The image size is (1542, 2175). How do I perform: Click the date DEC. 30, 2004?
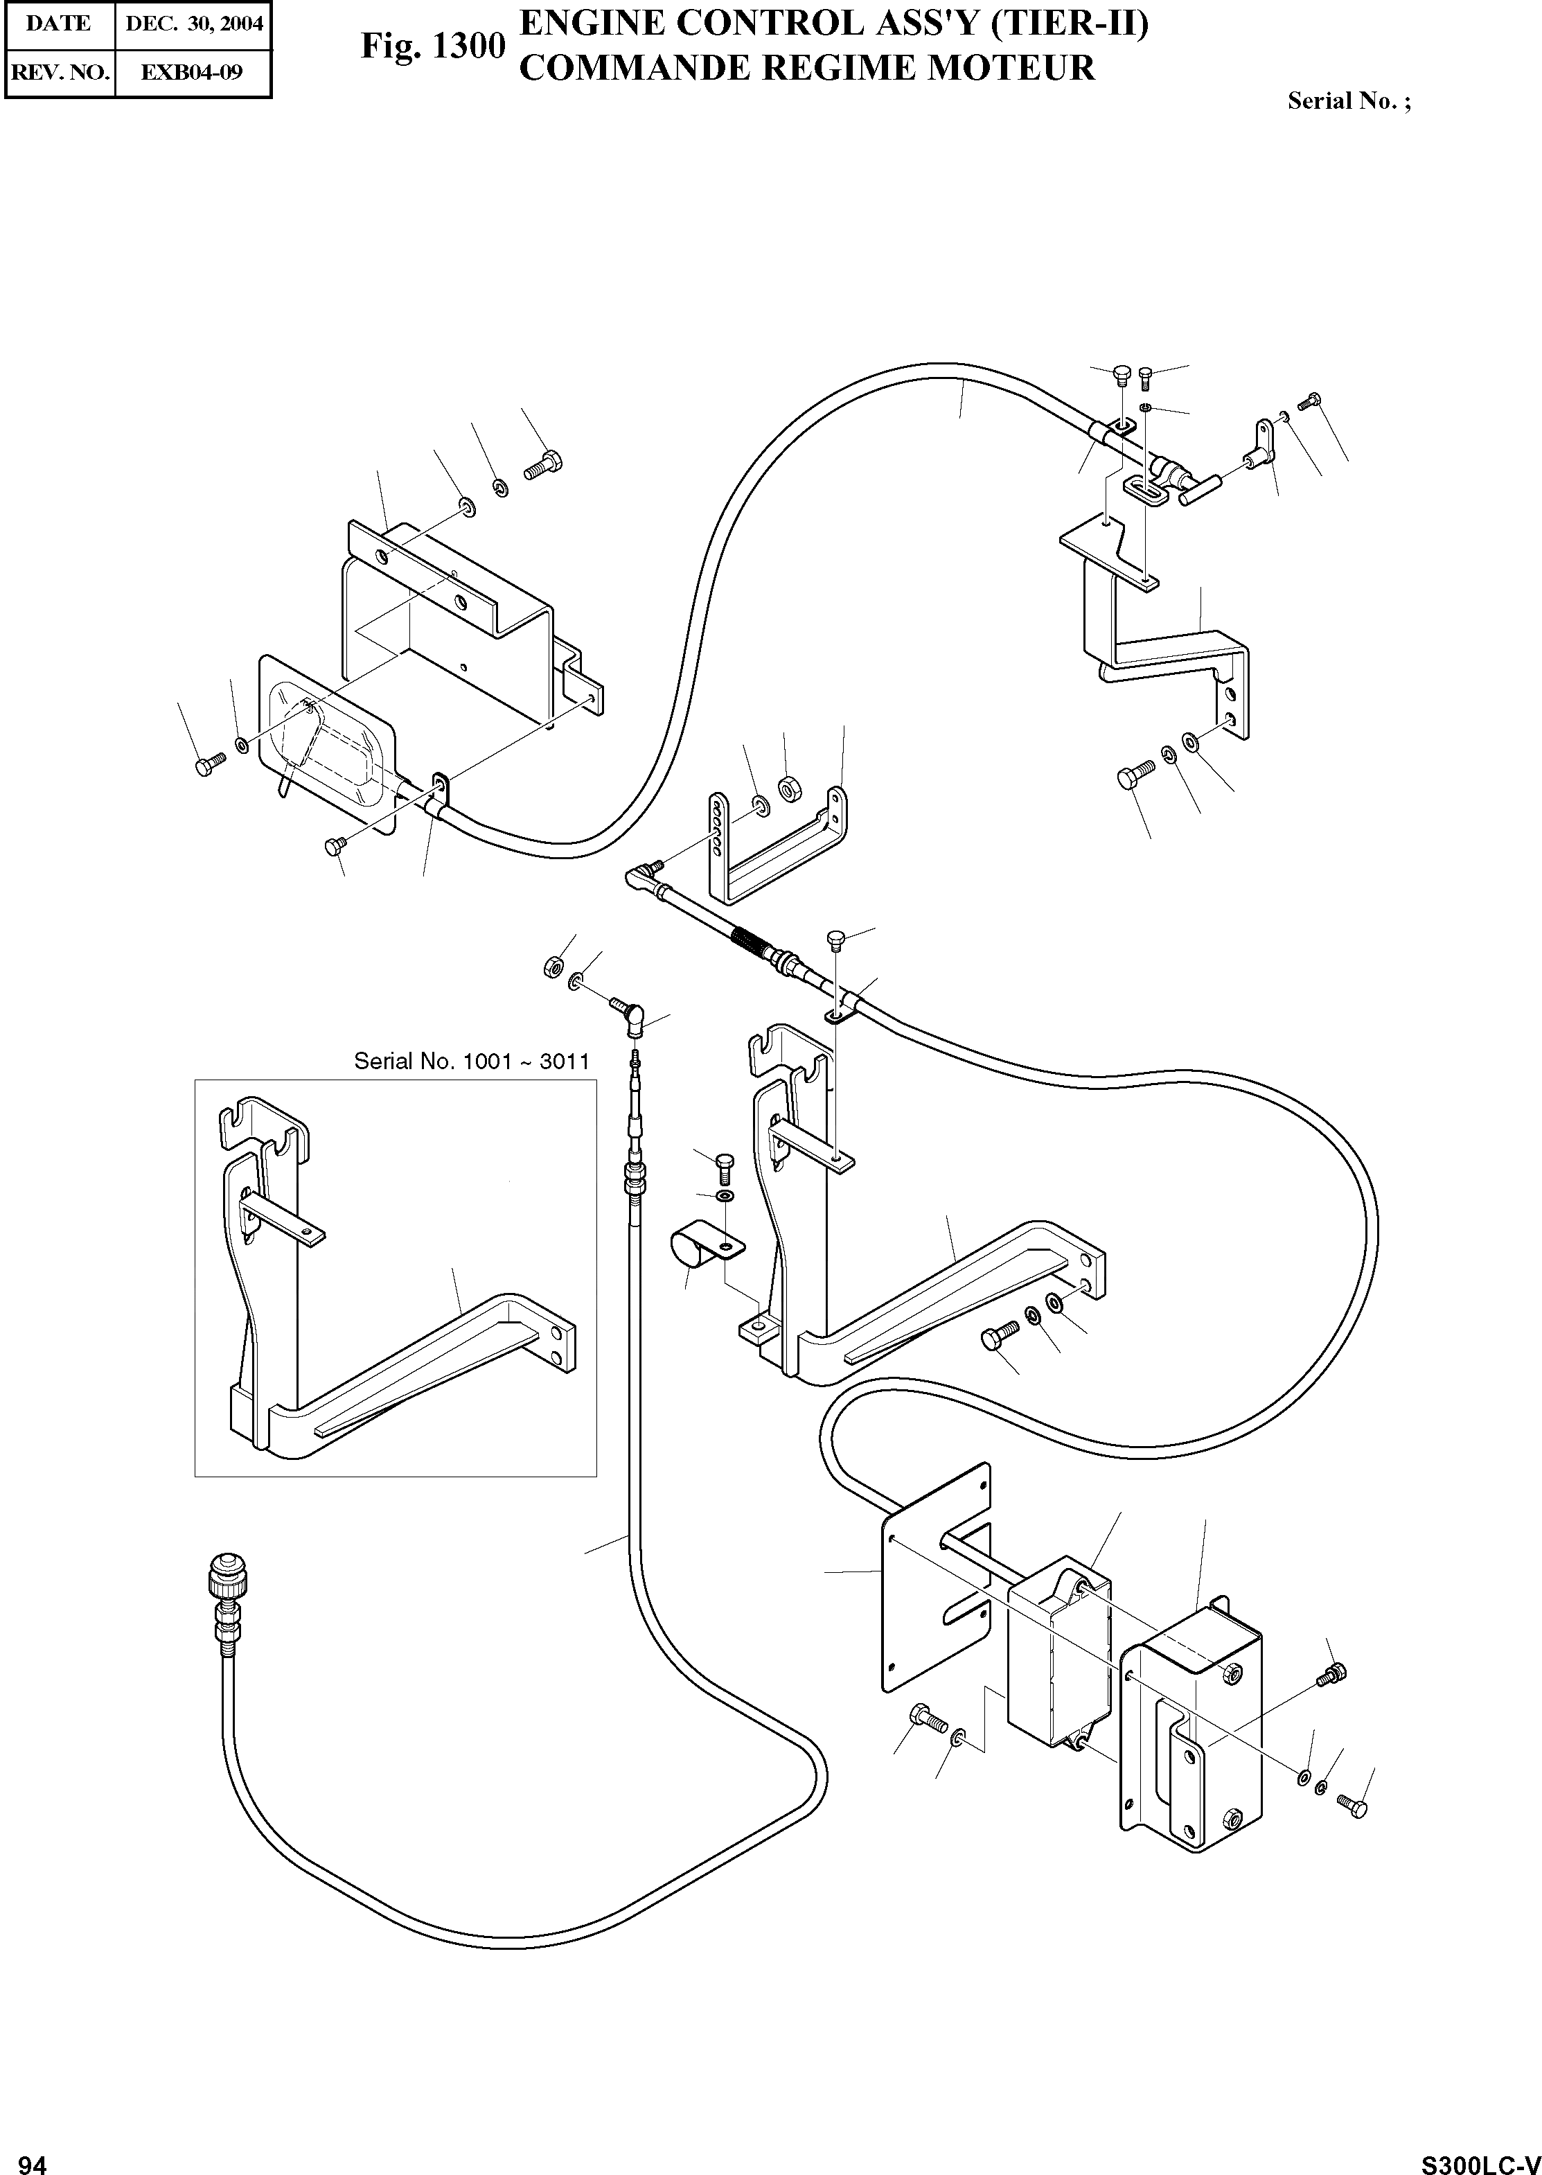pyautogui.click(x=194, y=24)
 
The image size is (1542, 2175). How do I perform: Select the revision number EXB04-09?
pyautogui.click(x=192, y=71)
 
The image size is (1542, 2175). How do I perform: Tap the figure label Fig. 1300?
pyautogui.click(x=432, y=46)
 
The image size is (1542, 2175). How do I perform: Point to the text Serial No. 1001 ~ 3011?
pyautogui.click(x=471, y=1060)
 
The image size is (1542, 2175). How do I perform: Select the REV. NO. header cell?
pyautogui.click(x=59, y=71)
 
